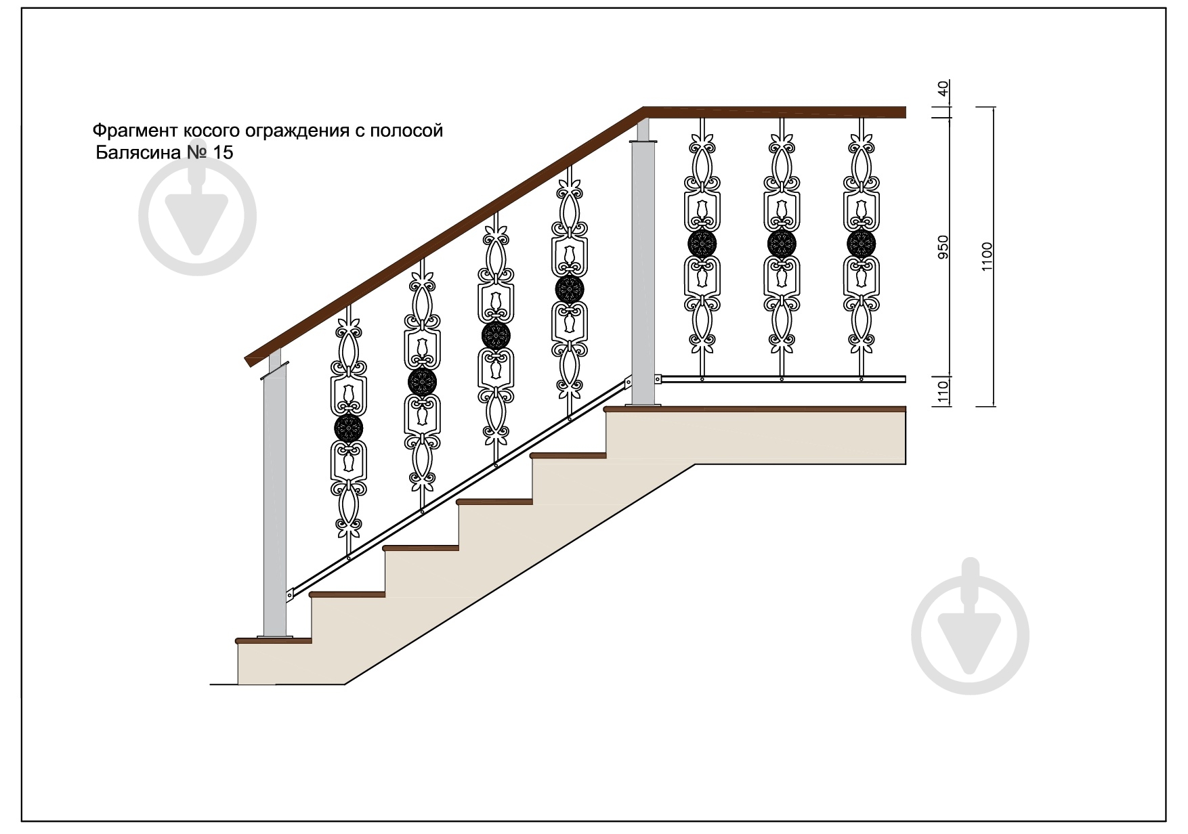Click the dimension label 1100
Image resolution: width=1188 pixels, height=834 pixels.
[986, 257]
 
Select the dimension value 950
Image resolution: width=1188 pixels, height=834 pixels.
[943, 248]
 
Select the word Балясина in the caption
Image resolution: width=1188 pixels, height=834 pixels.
[138, 152]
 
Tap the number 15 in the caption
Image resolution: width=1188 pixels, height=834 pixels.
[223, 152]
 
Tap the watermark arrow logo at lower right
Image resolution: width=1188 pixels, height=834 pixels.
[970, 636]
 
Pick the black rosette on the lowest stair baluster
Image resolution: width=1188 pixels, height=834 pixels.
[349, 427]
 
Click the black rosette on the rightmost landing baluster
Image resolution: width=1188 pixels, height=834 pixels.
[862, 244]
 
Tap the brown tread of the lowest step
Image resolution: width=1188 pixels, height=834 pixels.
[274, 640]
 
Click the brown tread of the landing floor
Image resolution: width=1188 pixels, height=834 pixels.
[755, 409]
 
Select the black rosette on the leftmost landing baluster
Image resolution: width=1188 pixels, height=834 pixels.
[702, 244]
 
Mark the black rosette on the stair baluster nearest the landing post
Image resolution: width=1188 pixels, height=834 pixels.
[569, 290]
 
